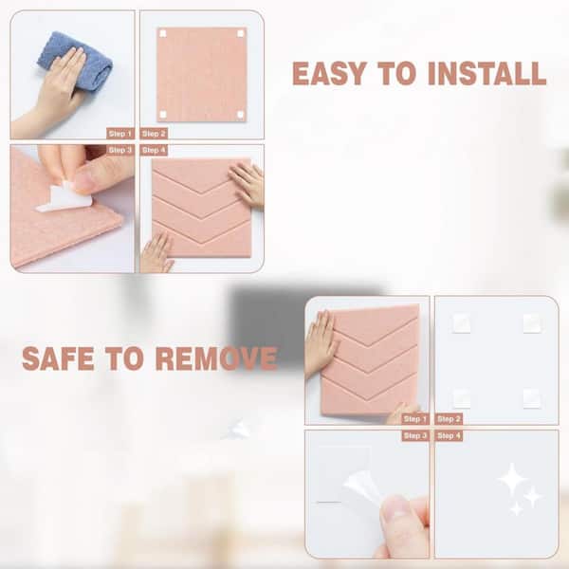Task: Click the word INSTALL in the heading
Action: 487,74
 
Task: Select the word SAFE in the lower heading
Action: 58,358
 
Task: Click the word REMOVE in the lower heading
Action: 216,358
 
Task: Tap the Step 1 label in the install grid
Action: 120,134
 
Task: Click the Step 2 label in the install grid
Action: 154,134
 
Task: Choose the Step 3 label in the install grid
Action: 120,150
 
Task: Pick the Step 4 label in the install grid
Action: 154,150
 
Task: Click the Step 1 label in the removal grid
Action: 415,419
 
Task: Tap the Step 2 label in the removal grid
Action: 449,419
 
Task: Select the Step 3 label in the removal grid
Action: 415,435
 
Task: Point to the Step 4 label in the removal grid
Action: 449,435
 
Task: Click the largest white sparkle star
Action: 512,479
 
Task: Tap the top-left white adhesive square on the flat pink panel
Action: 163,34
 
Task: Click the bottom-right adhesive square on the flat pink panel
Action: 240,115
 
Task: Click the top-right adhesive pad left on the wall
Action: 532,323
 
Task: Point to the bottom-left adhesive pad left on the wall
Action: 462,398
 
